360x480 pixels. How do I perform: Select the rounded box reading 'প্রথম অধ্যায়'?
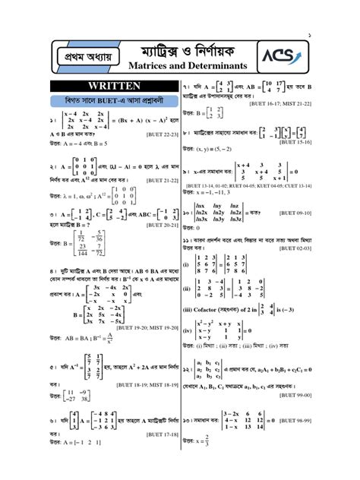tap(79, 56)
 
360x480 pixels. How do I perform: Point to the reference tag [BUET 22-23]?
tap(162, 134)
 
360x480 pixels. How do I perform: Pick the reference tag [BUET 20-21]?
tap(162, 225)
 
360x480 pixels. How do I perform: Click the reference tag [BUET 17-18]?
tap(162, 434)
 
